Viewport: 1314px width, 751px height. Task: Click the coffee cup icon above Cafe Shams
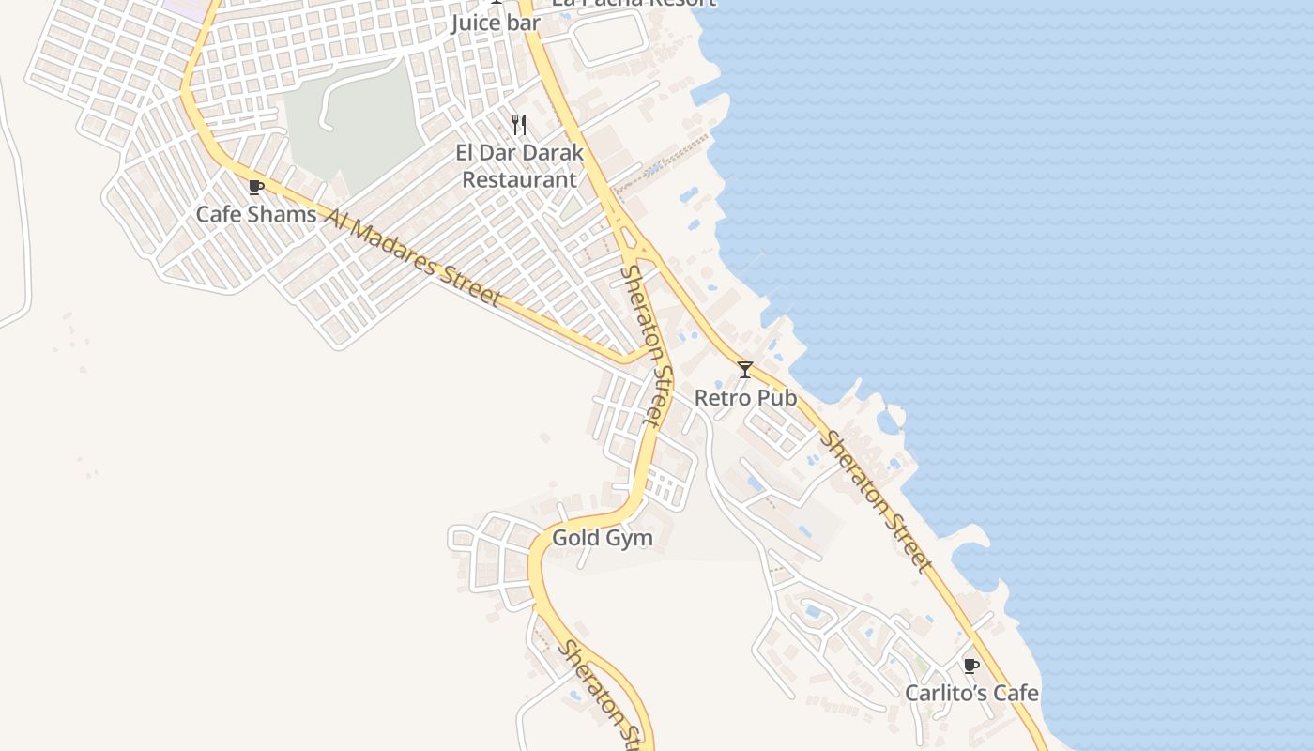pyautogui.click(x=255, y=187)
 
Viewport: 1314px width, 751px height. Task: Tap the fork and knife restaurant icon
pyautogui.click(x=519, y=124)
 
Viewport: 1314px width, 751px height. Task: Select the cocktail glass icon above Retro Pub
pyautogui.click(x=744, y=370)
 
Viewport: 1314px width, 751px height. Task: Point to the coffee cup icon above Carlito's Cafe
pyautogui.click(x=971, y=666)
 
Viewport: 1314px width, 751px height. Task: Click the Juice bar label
pyautogui.click(x=495, y=23)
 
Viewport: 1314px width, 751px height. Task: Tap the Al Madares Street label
pyautogui.click(x=413, y=256)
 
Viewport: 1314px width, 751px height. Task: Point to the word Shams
pyautogui.click(x=282, y=214)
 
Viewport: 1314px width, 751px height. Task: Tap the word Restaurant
pyautogui.click(x=519, y=178)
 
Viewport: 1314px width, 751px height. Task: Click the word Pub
pyautogui.click(x=778, y=398)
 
